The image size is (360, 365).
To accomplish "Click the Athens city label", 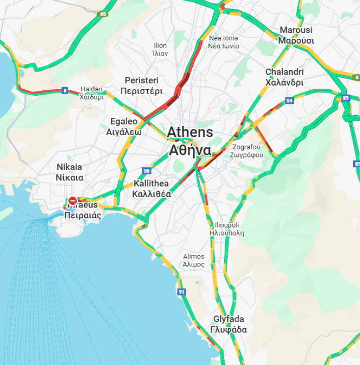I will click(x=190, y=141).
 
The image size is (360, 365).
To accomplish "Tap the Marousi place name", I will click(x=296, y=35).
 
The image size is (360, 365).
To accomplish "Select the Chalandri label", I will click(x=284, y=77).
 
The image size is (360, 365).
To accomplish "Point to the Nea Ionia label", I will click(x=224, y=42).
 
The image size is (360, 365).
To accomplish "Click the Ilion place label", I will click(x=160, y=49).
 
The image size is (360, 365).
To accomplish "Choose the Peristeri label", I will click(x=141, y=85).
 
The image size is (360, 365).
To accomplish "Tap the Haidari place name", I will click(x=92, y=93).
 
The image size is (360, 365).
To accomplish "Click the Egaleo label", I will click(x=124, y=126).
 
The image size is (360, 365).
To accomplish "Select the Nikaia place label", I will click(x=69, y=172).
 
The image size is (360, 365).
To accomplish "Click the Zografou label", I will click(x=246, y=151).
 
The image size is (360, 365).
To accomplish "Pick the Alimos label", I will click(x=194, y=260).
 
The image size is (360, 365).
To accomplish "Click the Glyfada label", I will click(x=229, y=324).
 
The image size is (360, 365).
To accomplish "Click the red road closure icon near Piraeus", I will click(x=73, y=200).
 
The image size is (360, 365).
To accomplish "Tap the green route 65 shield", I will click(x=103, y=14).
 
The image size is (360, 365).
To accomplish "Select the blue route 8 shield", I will click(x=65, y=90).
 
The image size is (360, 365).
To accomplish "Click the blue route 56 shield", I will click(x=147, y=170).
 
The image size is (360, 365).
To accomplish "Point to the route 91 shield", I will click(x=182, y=292).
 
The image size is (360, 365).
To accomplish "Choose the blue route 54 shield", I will click(x=289, y=101).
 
